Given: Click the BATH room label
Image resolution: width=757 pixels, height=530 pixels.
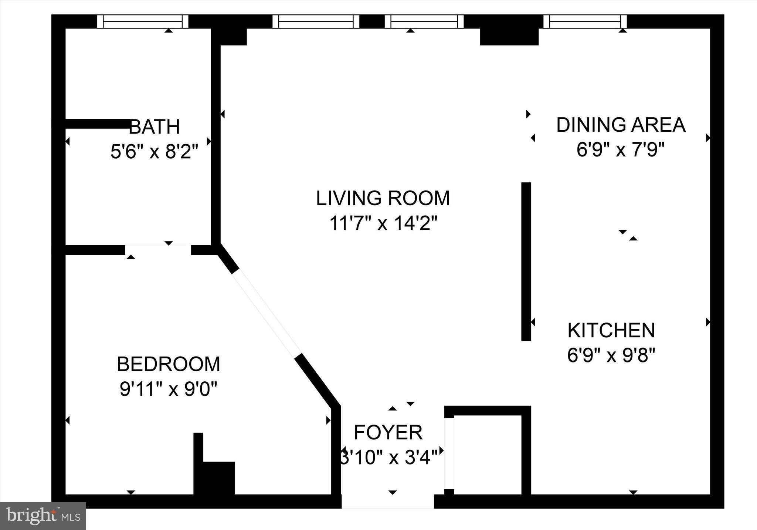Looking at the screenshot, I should pos(154,127).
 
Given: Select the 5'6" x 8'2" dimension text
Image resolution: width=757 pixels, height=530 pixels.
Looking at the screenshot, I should pos(154,151).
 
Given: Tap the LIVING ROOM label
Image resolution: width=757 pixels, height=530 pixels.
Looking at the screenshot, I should pos(383,198).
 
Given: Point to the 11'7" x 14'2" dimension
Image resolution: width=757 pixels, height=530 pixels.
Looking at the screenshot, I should pos(383,223).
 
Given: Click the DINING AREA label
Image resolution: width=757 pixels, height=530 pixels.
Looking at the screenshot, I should pos(621,125).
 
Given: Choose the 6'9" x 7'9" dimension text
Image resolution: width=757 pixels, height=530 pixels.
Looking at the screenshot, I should pos(621,150).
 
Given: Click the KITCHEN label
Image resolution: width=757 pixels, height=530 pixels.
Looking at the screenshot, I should pos(611,330).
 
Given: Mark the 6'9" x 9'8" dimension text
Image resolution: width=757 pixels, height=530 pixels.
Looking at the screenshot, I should pos(611,355).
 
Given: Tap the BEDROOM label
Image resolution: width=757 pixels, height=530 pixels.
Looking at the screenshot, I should pos(169,364).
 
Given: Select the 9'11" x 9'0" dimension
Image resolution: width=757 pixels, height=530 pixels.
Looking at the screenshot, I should pos(169,389).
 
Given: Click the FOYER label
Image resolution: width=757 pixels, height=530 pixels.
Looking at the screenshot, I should pos(388,432).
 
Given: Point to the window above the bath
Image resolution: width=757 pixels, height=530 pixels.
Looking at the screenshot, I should pos(143,21).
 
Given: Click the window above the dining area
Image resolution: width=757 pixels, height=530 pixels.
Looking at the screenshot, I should pos(585,21).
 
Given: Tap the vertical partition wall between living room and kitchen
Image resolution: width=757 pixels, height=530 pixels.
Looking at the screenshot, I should pos(526,261).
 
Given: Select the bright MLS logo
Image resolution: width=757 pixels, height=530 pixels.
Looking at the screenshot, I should pos(43,516).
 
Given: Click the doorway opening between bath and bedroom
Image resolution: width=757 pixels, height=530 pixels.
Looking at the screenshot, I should pos(158,250).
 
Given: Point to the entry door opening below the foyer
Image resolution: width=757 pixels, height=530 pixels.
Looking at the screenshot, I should pos(387,502).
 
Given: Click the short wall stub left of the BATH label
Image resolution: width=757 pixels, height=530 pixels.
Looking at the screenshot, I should pos(97,124).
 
